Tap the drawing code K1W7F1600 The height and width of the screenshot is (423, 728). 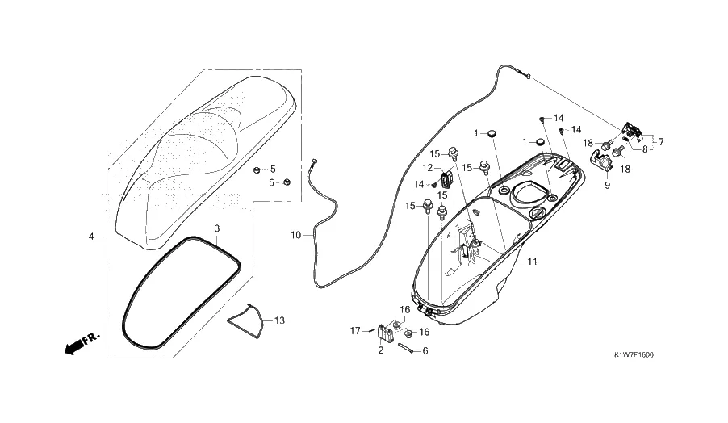[634, 355]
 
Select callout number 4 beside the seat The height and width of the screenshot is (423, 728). [91, 237]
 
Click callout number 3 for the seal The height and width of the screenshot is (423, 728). [217, 228]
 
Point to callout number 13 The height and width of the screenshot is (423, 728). [279, 320]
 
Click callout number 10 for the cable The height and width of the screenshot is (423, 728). [296, 236]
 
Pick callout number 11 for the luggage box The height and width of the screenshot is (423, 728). [532, 262]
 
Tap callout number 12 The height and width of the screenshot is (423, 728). [428, 168]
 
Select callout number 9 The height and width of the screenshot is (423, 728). [607, 186]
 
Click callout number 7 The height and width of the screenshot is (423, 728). [661, 141]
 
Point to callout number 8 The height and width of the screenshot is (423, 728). [645, 150]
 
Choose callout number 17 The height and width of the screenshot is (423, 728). [355, 331]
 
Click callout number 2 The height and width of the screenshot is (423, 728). [381, 350]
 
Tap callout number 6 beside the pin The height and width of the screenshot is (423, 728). [425, 351]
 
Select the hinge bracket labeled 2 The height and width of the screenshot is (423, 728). [384, 333]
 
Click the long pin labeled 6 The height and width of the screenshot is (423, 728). [407, 348]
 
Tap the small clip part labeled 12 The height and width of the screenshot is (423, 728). [446, 178]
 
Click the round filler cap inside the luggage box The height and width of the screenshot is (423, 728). [536, 213]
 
